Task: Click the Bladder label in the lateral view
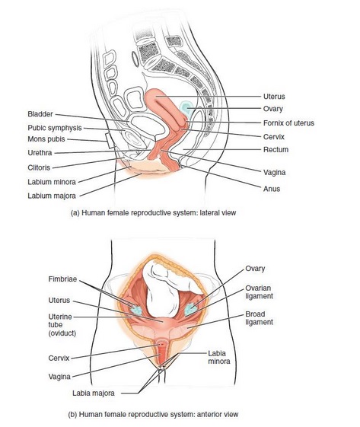[x=40, y=114]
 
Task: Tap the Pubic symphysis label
[x=55, y=128]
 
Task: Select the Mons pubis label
[x=46, y=139]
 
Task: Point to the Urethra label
[x=40, y=153]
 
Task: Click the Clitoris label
[x=39, y=167]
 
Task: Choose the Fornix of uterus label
[x=288, y=123]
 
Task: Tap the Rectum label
[x=276, y=150]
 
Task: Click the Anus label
[x=272, y=189]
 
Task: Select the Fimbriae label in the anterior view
[x=62, y=279]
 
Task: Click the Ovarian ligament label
[x=259, y=292]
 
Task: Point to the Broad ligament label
[x=259, y=318]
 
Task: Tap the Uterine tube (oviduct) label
[x=62, y=325]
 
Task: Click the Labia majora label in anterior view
[x=94, y=393]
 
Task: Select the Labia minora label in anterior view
[x=219, y=357]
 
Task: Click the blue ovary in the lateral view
[x=186, y=107]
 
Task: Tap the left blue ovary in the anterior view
[x=136, y=310]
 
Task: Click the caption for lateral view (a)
[x=153, y=212]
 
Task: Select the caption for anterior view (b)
[x=153, y=415]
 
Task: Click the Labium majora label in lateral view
[x=52, y=196]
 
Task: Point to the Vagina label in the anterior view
[x=59, y=377]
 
